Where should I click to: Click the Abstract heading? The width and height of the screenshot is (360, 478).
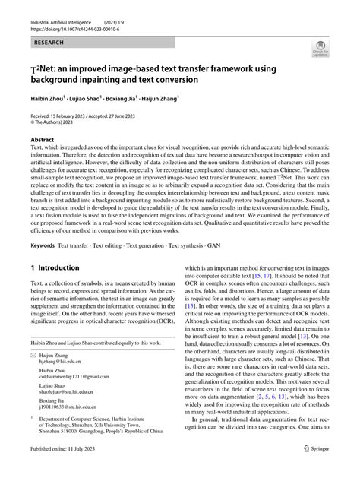(x=43, y=141)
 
